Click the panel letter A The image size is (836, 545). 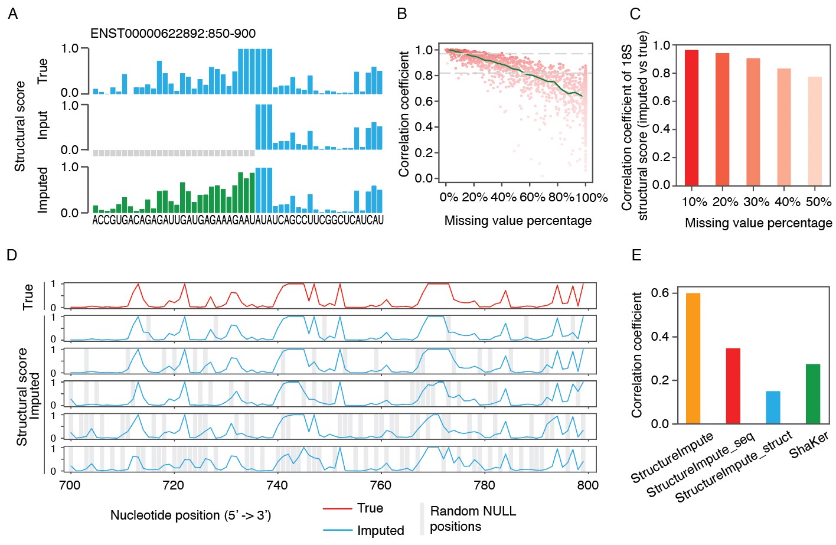12,14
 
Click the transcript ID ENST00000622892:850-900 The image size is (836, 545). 172,34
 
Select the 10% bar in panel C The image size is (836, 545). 691,118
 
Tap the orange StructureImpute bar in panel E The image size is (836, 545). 693,358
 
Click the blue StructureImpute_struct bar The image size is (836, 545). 773,407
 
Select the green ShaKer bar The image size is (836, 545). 813,394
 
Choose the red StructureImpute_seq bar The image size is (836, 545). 733,386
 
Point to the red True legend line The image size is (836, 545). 337,508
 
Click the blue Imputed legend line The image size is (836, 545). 337,531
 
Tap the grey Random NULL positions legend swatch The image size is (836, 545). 422,518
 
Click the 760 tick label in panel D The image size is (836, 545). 380,485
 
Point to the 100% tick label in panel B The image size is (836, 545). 592,197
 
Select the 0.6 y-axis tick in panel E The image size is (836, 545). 660,293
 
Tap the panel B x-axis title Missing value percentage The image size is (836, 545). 518,221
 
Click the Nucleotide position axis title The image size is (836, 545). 190,515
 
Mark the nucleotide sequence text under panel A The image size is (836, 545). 238,220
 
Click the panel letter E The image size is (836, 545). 636,255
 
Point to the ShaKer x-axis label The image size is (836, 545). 809,445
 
